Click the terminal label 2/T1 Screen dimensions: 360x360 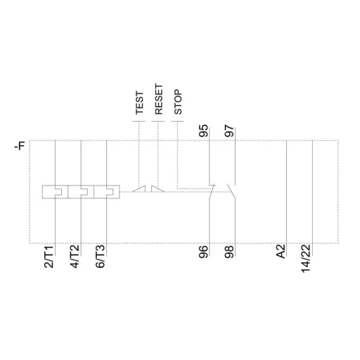tap(49, 258)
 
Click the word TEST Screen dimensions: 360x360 tap(139, 102)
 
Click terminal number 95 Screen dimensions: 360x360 tap(205, 131)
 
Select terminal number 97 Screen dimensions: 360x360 tap(229, 131)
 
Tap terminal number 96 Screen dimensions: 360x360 tap(205, 251)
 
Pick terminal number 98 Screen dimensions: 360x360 tap(229, 251)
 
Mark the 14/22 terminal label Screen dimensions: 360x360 tap(307, 259)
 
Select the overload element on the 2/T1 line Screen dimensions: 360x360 tap(54, 190)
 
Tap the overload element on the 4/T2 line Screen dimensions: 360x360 tap(82, 190)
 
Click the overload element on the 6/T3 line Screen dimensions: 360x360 tap(107, 190)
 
